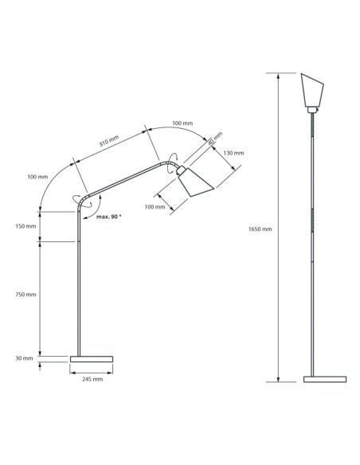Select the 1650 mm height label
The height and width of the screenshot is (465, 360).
click(x=260, y=229)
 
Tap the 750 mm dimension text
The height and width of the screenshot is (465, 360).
click(x=25, y=295)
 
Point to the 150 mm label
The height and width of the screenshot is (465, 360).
click(x=25, y=226)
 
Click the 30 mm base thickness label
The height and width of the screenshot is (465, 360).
click(x=24, y=358)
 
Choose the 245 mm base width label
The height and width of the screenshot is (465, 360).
click(x=92, y=379)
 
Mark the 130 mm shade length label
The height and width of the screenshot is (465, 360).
click(x=233, y=153)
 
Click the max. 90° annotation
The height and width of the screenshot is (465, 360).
click(x=108, y=216)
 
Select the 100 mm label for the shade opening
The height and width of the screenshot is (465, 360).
click(x=155, y=207)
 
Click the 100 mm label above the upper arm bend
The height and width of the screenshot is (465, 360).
click(x=182, y=123)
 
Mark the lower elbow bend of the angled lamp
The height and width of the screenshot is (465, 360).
click(x=80, y=195)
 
